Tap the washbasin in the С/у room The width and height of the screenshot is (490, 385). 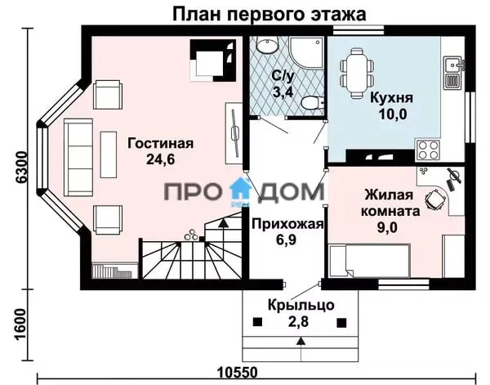(x=267, y=44)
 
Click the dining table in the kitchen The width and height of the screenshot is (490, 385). (x=357, y=74)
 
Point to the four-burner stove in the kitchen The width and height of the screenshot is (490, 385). (x=428, y=150)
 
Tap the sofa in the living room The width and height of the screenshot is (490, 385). (x=78, y=157)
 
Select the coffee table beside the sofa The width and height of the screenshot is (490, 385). (x=109, y=154)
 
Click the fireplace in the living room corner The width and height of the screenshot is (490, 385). (x=213, y=60)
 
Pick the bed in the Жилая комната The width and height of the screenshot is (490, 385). (x=370, y=261)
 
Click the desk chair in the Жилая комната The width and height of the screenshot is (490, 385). (x=435, y=199)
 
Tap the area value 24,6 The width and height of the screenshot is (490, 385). (x=161, y=159)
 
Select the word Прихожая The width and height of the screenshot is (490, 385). (x=287, y=224)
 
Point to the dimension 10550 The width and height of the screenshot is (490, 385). (x=238, y=372)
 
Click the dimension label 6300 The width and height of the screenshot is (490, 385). (x=22, y=168)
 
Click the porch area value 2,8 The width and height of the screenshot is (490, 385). (x=298, y=321)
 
